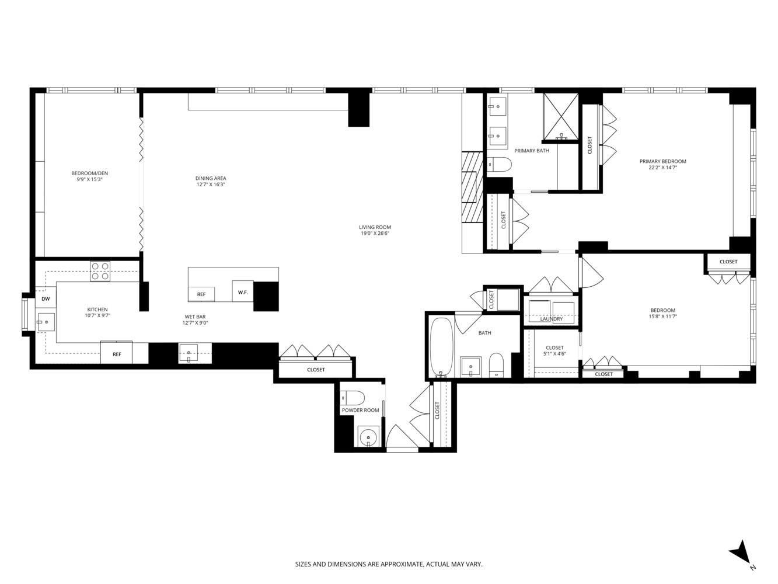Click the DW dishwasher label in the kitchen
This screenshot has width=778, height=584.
pos(46,299)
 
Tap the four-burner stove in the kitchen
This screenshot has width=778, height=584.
pos(100,271)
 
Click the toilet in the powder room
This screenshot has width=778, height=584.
pos(354,397)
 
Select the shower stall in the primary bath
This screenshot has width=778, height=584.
pos(560,117)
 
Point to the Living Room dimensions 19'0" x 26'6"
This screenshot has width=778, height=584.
pos(375,234)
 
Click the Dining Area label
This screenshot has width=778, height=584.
pos(211,179)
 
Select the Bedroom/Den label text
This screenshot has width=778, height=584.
pos(89,173)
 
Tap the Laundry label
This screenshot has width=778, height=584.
pos(552,319)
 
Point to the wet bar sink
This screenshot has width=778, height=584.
pos(189,353)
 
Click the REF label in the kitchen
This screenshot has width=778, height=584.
pos(117,354)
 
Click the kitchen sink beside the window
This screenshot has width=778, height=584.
pos(46,322)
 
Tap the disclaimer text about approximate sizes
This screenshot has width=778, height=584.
pos(389,564)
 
